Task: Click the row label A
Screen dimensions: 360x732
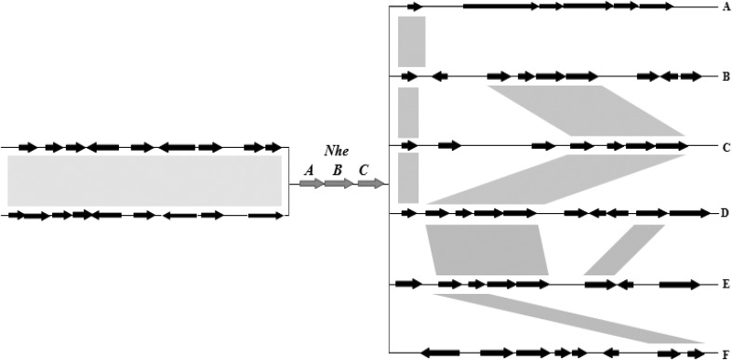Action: (x=725, y=7)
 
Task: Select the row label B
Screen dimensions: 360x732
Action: (x=725, y=76)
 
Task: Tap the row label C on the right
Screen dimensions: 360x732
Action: (x=725, y=146)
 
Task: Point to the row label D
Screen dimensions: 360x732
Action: (x=725, y=214)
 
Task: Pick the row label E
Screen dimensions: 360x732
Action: (x=725, y=284)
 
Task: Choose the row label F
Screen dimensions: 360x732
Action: (x=725, y=353)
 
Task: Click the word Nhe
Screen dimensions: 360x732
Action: (x=336, y=151)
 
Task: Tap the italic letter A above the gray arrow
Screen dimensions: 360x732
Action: (x=310, y=169)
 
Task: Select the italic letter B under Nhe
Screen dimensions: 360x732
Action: (x=338, y=169)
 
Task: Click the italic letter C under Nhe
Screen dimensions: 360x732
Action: (x=364, y=169)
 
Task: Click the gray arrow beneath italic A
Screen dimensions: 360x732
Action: (x=312, y=184)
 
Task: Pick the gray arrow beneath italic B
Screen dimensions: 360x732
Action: (x=339, y=184)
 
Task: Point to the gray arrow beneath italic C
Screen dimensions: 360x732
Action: (x=370, y=184)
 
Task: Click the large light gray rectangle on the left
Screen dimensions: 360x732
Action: (x=144, y=180)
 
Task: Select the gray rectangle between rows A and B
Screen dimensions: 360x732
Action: (x=411, y=41)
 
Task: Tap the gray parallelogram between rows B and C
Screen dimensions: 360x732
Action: (x=586, y=111)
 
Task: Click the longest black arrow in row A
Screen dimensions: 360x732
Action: (x=499, y=7)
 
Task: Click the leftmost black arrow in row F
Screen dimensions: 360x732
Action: (x=440, y=353)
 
